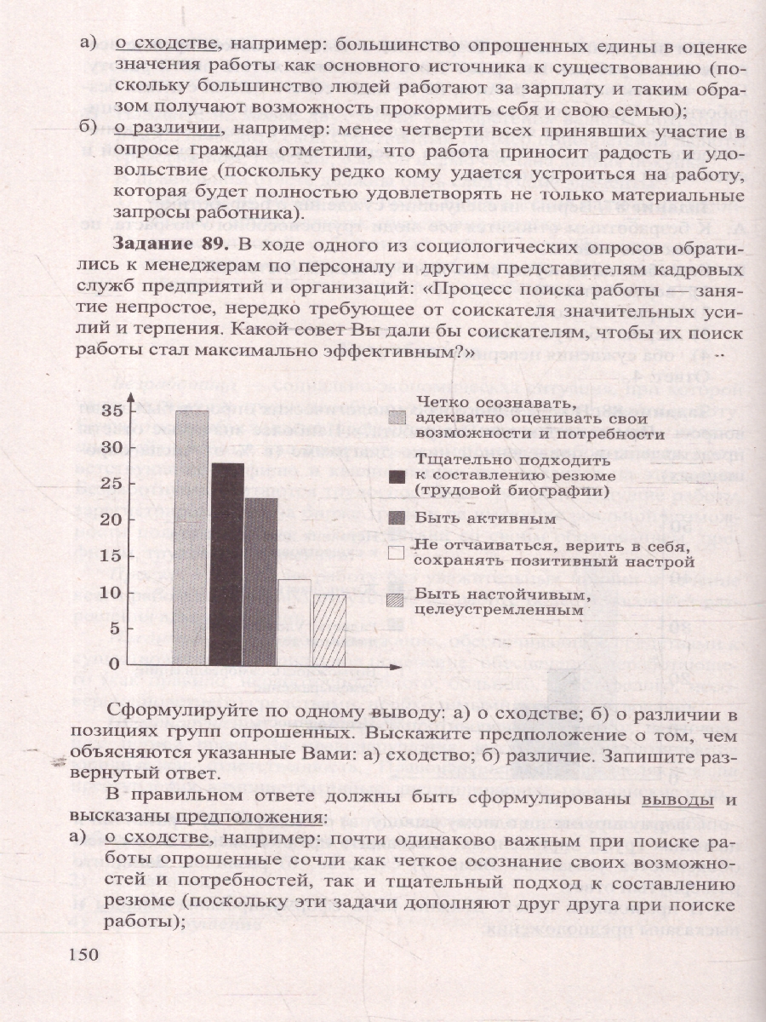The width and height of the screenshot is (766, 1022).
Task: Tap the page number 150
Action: [x=88, y=953]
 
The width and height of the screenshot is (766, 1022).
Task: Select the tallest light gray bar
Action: [x=191, y=537]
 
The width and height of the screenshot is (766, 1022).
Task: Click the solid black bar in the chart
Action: [x=226, y=563]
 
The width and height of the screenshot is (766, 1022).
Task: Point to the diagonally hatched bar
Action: [x=329, y=629]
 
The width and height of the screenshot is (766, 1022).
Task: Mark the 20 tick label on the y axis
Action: [x=111, y=520]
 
